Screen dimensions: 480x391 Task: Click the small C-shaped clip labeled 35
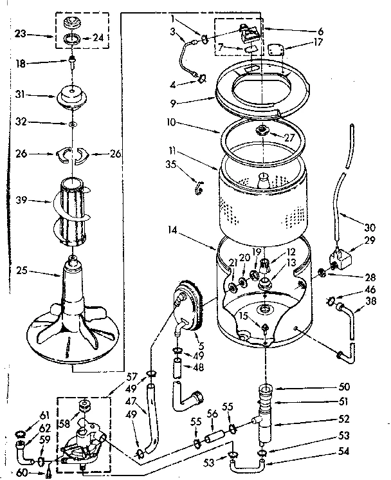[x=199, y=187]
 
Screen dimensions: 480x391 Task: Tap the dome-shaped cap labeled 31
[x=73, y=97]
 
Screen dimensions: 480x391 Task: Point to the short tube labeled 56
[x=214, y=439]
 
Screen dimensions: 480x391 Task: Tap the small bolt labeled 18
[x=73, y=64]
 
